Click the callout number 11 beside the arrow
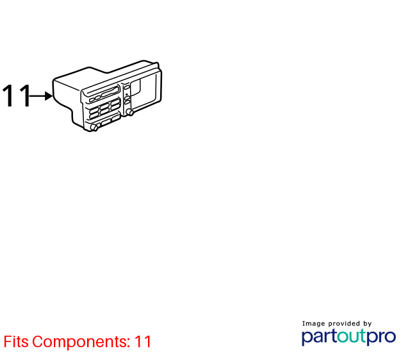pyautogui.click(x=16, y=95)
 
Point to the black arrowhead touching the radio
pyautogui.click(x=49, y=96)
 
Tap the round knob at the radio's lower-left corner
pyautogui.click(x=94, y=127)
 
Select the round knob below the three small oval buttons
pyautogui.click(x=129, y=112)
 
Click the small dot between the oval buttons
pyautogui.click(x=127, y=94)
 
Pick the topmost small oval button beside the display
pyautogui.click(x=127, y=87)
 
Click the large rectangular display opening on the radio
pyautogui.click(x=144, y=90)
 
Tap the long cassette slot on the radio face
pyautogui.click(x=110, y=92)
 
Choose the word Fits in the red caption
pyautogui.click(x=16, y=341)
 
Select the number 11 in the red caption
pyautogui.click(x=143, y=341)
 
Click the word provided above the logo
pyautogui.click(x=344, y=323)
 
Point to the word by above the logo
pyautogui.click(x=367, y=323)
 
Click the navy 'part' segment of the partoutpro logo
pyautogui.click(x=319, y=337)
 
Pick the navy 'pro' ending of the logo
pyautogui.click(x=381, y=337)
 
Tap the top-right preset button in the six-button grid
pyautogui.click(x=115, y=102)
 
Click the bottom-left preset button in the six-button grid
pyautogui.click(x=94, y=115)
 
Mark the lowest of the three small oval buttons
pyautogui.click(x=127, y=102)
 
